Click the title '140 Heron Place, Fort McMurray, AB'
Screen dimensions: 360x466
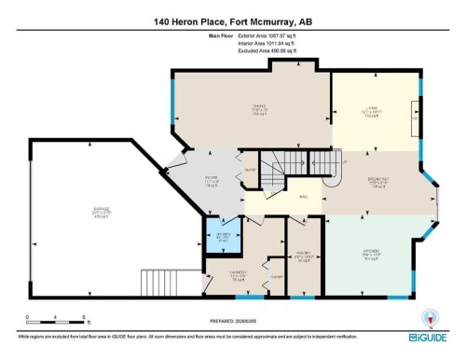click(x=233, y=20)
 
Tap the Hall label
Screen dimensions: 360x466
click(x=303, y=197)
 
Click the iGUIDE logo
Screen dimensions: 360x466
click(x=430, y=334)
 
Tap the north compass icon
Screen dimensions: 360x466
click(x=430, y=314)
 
